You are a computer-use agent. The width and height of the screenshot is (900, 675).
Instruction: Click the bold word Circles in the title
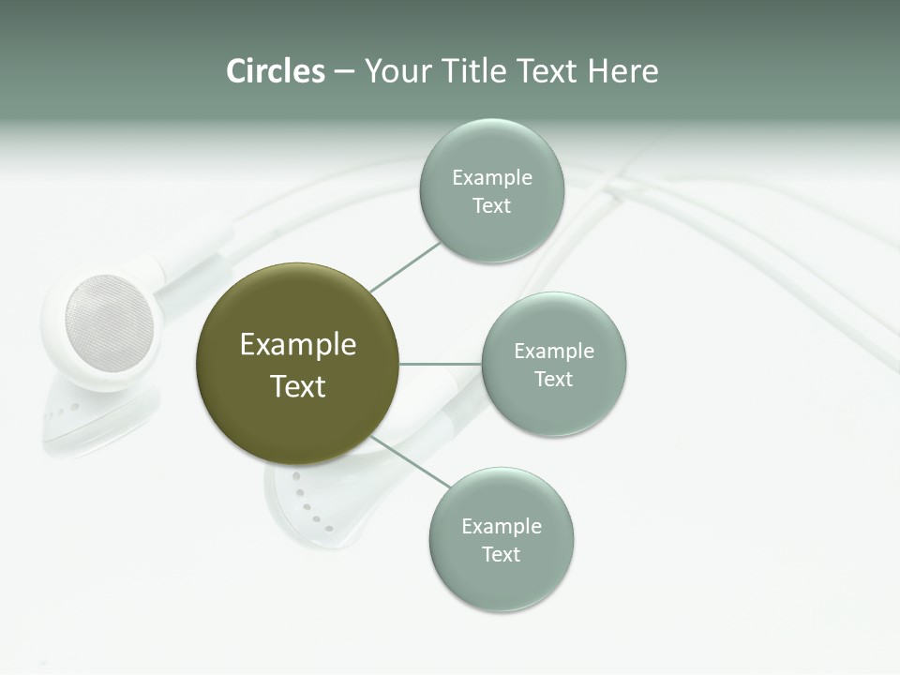[x=276, y=71]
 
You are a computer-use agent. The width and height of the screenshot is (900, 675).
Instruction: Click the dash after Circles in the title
[x=344, y=72]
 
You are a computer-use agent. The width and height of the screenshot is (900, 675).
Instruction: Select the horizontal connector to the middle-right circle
[x=440, y=364]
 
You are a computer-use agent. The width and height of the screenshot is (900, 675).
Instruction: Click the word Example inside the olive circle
[x=298, y=345]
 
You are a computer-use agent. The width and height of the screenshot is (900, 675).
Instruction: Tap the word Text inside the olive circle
[x=298, y=386]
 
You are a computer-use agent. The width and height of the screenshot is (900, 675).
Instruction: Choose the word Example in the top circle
[x=491, y=178]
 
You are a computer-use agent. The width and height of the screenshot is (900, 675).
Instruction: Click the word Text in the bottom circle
[x=501, y=555]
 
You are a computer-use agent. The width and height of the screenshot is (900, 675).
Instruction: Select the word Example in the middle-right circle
[x=553, y=352]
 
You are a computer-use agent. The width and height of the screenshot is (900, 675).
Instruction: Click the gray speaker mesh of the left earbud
[x=109, y=322]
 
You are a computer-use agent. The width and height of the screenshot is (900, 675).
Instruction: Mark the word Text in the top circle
[x=491, y=206]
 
